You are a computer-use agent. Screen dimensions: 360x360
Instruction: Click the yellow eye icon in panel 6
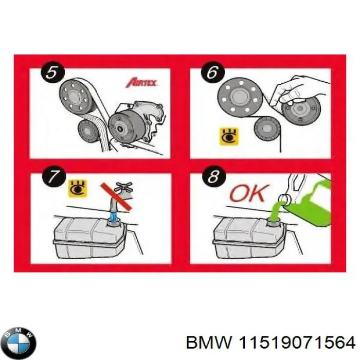tap(226, 136)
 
